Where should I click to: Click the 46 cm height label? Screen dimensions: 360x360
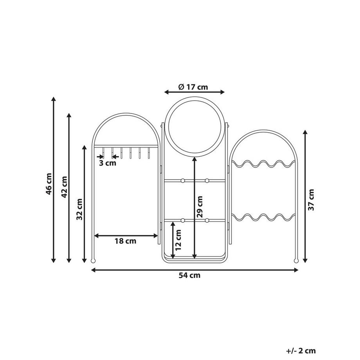tap(49, 184)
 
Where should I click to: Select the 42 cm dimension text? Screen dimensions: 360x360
tap(64, 187)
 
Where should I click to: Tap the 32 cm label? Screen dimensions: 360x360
tap(79, 209)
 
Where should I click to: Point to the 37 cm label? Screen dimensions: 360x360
tap(311, 200)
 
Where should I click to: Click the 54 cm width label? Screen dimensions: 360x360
tap(189, 275)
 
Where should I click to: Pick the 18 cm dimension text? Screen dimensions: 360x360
tap(125, 241)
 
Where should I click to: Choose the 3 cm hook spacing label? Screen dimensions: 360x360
tap(108, 163)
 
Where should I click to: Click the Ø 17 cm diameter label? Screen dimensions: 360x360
tap(193, 87)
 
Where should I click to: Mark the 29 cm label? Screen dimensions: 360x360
tap(200, 207)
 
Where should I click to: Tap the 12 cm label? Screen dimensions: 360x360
tap(178, 240)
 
